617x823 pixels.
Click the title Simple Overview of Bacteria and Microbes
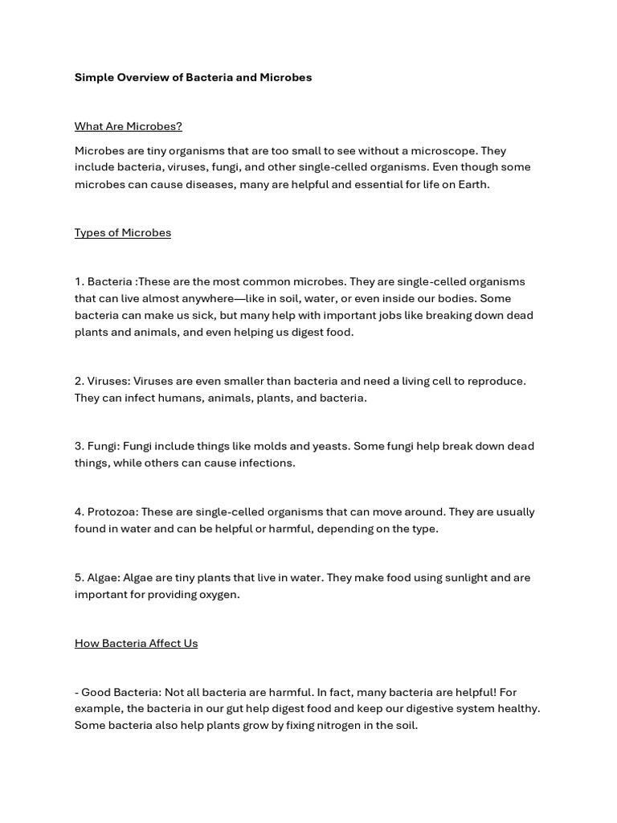tap(193, 77)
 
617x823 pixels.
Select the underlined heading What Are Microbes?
tap(129, 126)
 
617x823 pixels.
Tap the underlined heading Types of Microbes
tap(123, 232)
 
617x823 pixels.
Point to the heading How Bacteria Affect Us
tap(136, 643)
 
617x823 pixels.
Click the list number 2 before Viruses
tap(79, 381)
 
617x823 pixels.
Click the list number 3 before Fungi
tap(79, 446)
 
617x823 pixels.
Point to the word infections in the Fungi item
tap(265, 463)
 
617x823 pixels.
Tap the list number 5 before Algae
tap(79, 577)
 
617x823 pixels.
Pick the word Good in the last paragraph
tap(96, 692)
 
